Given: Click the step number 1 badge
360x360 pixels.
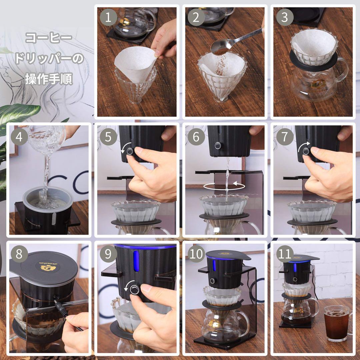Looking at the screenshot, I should point(108,18).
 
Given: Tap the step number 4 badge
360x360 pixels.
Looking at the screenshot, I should point(19,137).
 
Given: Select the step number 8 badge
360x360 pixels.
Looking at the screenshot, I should point(19,254).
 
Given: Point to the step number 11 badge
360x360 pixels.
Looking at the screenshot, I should point(284,254).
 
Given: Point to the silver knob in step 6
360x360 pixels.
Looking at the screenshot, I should point(218,146).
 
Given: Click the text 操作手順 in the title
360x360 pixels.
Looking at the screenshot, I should point(49,79).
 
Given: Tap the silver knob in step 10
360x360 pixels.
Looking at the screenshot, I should point(212,281).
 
